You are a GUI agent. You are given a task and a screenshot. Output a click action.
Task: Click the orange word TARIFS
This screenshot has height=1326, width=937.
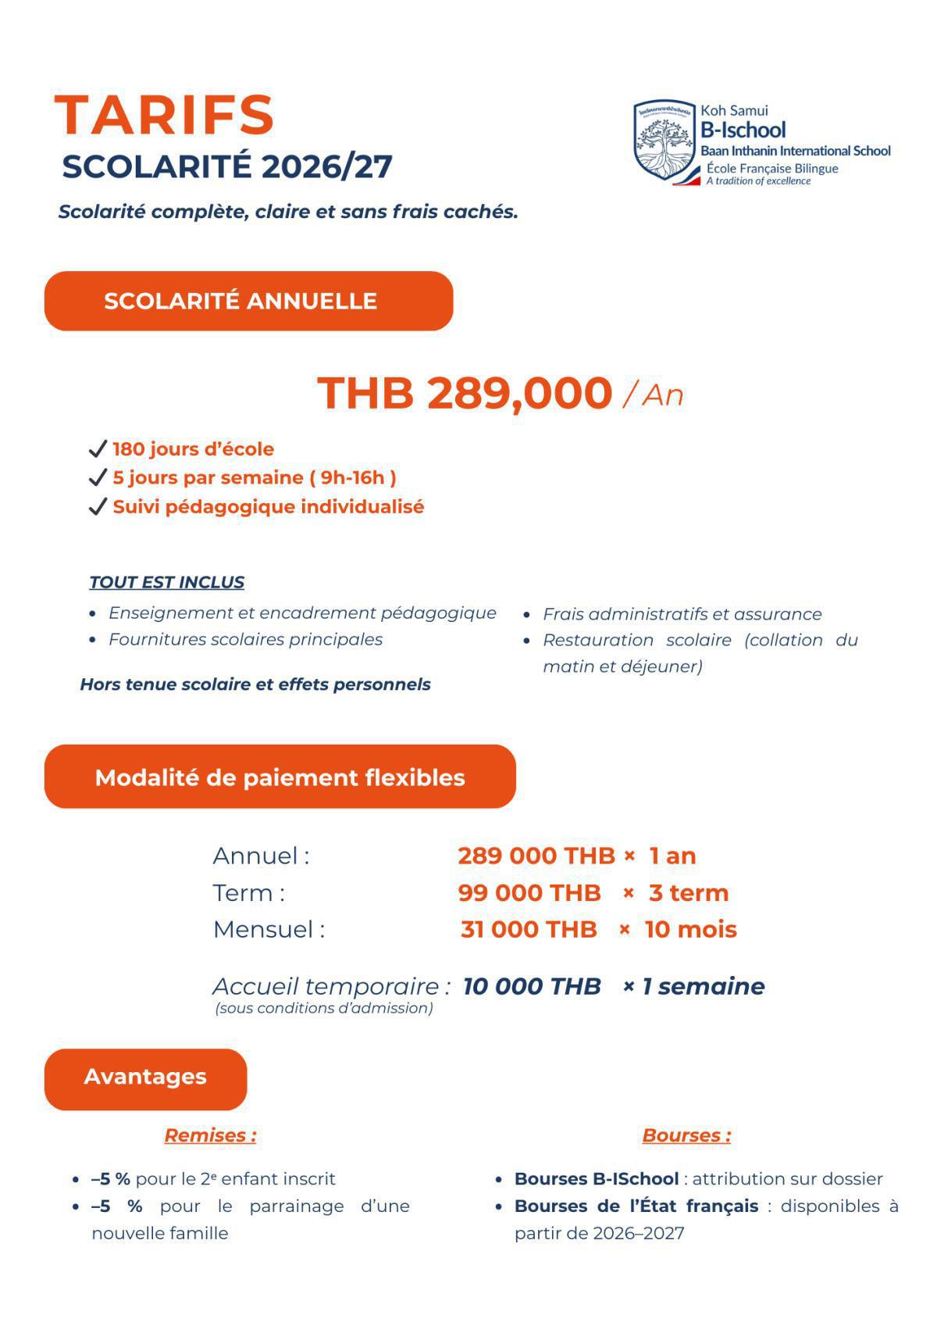click(x=164, y=116)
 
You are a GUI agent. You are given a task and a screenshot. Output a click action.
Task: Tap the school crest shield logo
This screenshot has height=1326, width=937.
click(x=663, y=141)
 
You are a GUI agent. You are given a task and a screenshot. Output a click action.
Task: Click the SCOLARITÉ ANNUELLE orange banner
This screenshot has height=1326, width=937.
click(x=248, y=301)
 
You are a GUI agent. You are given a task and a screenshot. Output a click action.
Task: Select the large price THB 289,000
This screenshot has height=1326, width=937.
click(x=465, y=392)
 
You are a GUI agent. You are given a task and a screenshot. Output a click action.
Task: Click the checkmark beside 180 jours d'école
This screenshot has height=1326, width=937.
click(x=97, y=449)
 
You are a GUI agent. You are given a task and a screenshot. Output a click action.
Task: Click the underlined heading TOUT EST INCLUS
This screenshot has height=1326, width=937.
click(x=166, y=582)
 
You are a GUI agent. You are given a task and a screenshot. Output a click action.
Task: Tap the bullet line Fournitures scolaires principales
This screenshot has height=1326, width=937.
click(x=245, y=639)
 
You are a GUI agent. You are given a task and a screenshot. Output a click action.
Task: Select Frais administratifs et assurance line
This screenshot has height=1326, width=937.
click(x=682, y=614)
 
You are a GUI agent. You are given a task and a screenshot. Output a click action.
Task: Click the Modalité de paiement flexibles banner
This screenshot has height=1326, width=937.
click(x=280, y=777)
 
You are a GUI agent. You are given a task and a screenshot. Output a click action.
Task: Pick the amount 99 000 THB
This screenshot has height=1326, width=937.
click(x=529, y=892)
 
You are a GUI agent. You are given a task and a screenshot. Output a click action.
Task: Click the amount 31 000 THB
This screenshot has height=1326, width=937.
click(x=529, y=929)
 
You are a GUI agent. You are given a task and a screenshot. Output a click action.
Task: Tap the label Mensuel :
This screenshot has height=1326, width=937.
click(x=269, y=929)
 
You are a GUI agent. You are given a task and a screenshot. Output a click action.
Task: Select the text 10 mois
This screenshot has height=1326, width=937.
click(x=690, y=929)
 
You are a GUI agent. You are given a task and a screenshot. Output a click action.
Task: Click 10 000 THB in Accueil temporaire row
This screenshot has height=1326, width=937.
click(x=532, y=986)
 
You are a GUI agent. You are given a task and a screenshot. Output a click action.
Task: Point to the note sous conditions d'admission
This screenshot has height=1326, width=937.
click(x=323, y=1008)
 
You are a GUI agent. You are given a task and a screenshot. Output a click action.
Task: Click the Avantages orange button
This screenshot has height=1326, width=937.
click(x=145, y=1077)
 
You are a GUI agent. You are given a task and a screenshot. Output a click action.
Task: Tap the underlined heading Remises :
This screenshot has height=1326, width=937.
click(x=210, y=1135)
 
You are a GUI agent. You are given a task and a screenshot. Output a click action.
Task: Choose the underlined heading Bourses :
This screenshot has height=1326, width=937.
click(x=686, y=1135)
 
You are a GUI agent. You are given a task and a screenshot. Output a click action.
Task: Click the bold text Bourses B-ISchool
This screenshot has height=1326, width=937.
click(x=596, y=1178)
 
